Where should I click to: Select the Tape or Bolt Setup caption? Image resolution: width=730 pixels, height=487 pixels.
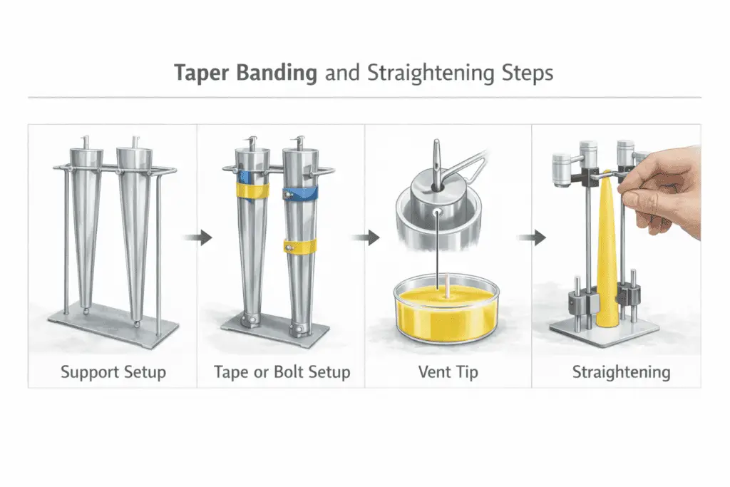[x=282, y=372]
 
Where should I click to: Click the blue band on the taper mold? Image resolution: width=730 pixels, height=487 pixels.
[x=299, y=193]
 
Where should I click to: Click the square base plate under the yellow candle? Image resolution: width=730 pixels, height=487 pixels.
[x=606, y=332]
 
